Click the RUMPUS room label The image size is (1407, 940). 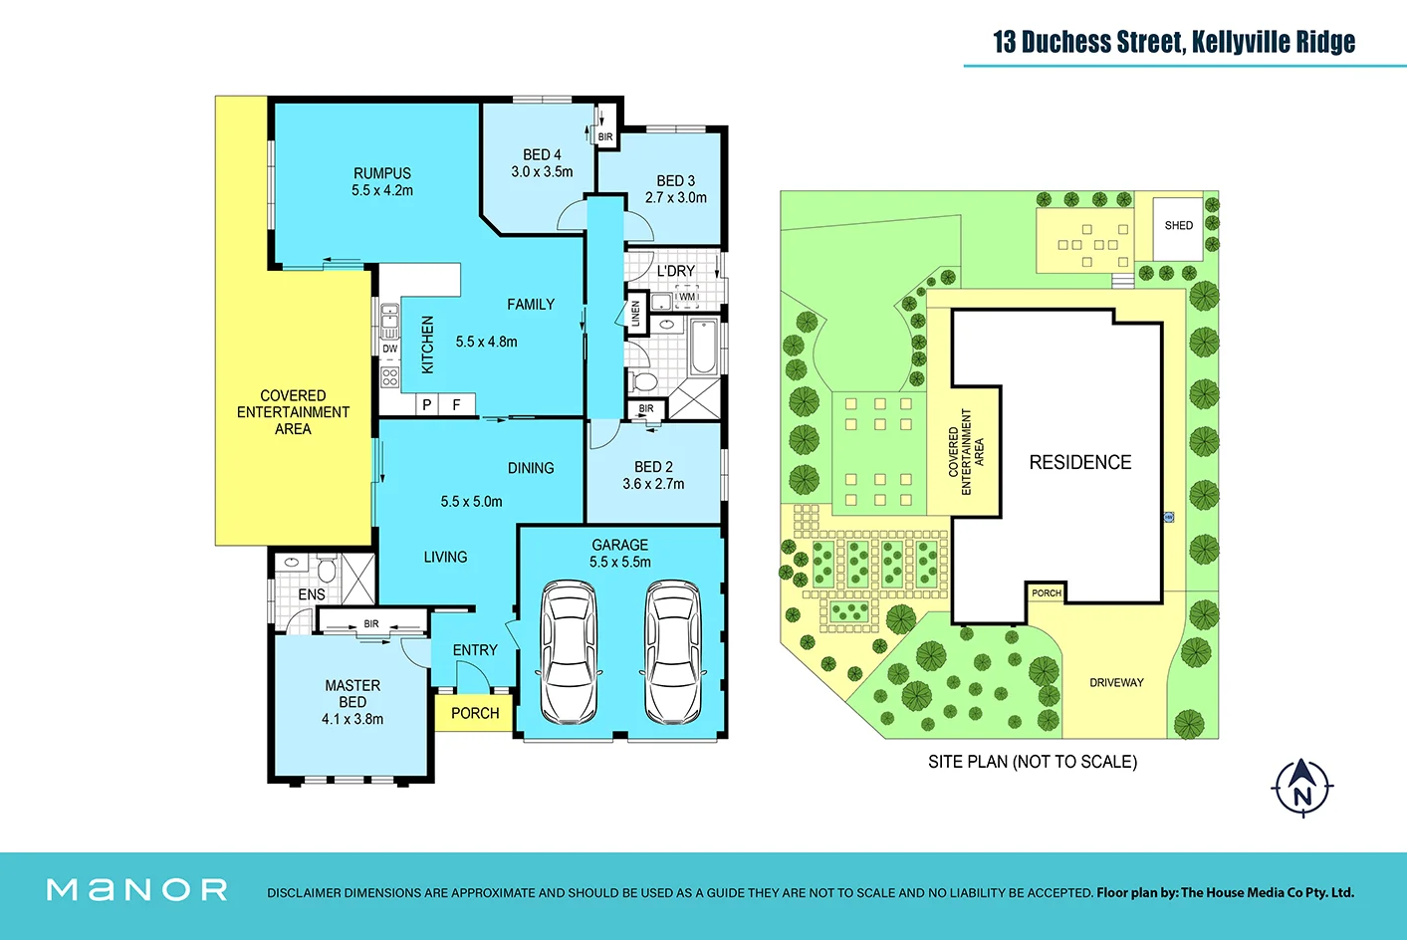(x=381, y=173)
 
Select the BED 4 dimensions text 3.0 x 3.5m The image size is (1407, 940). (x=542, y=171)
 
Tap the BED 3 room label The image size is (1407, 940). (x=675, y=180)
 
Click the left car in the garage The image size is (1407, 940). (x=569, y=652)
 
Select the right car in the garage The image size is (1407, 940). (x=672, y=652)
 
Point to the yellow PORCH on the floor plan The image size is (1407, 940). (x=474, y=713)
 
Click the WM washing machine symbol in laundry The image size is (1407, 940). (x=687, y=297)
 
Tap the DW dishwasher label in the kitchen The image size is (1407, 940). (x=389, y=349)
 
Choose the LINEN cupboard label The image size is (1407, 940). (x=635, y=314)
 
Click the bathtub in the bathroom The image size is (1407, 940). (x=704, y=347)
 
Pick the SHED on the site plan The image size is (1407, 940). (x=1178, y=226)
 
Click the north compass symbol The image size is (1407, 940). (x=1301, y=788)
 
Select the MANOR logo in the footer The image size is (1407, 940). (x=137, y=889)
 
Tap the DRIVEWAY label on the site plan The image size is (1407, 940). (x=1116, y=683)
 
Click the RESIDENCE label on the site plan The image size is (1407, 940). (x=1079, y=462)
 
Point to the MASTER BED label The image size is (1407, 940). (x=352, y=693)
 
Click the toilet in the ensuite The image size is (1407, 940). (x=327, y=570)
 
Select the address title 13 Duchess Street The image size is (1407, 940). (x=1173, y=42)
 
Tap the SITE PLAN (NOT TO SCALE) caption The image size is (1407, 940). (x=1032, y=762)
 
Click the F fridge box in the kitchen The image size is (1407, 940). (x=457, y=404)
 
